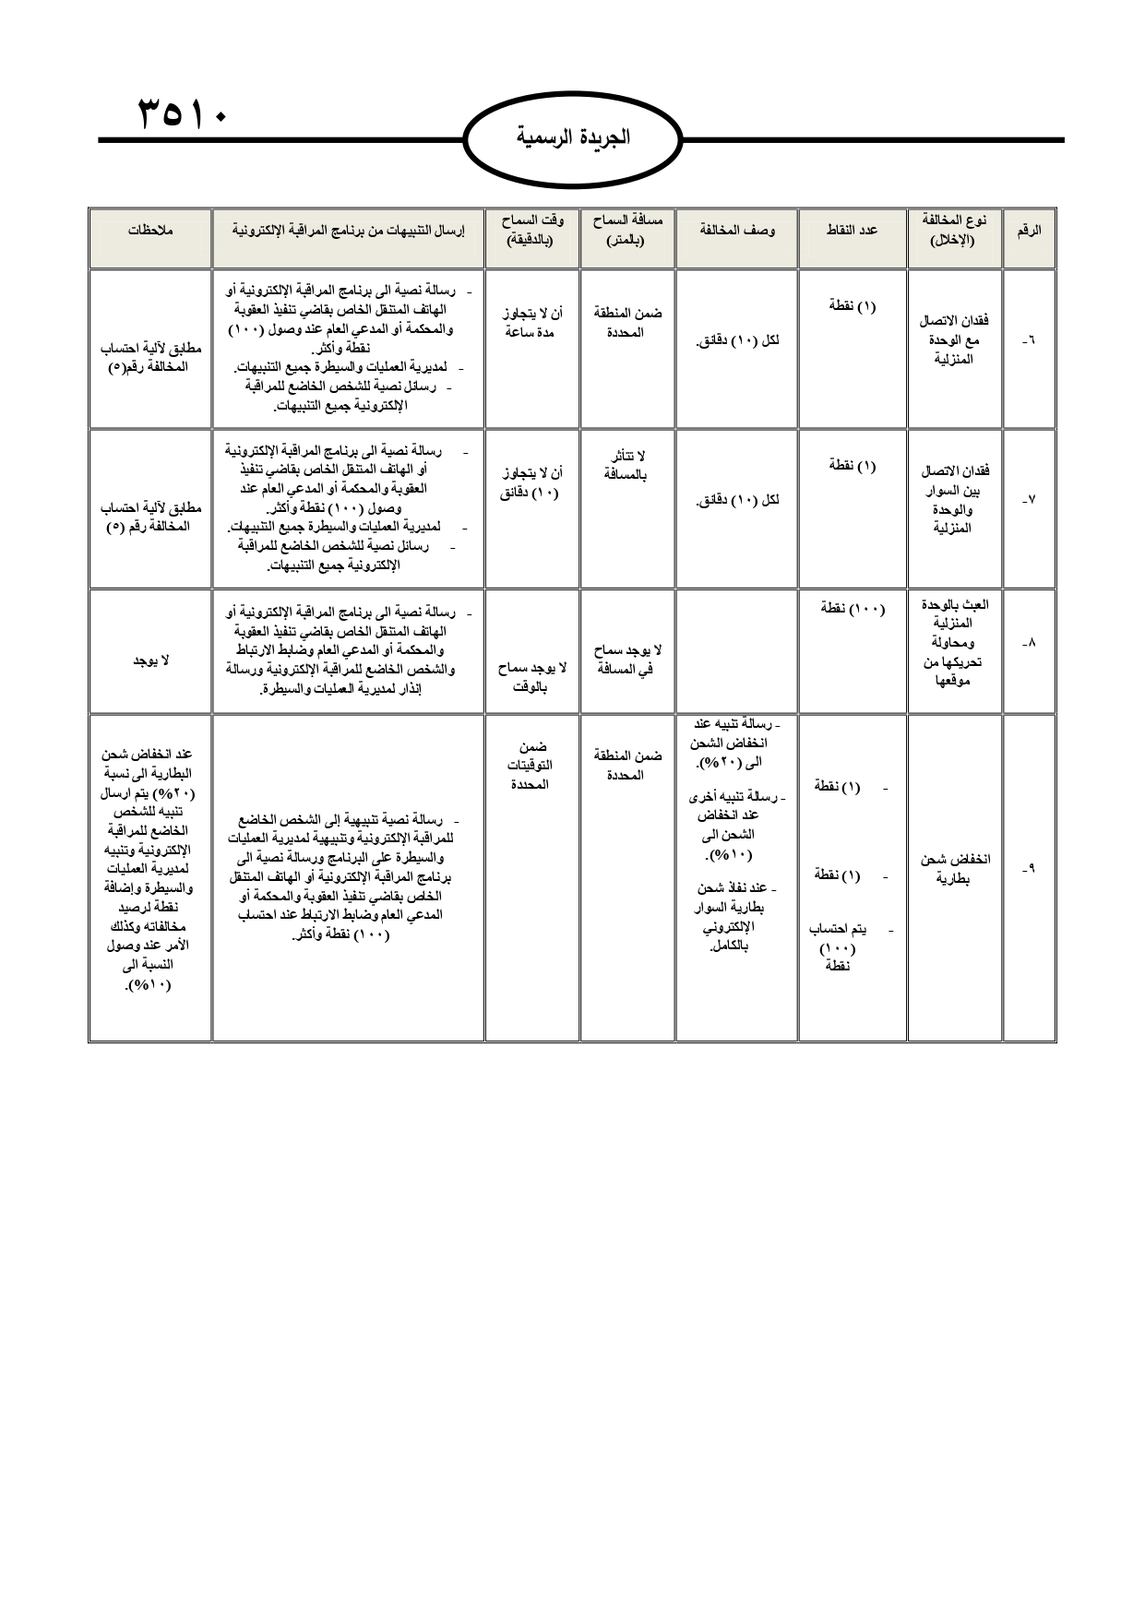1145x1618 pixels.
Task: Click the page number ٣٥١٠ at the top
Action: click(x=183, y=113)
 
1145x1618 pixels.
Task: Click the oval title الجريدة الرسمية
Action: click(x=573, y=139)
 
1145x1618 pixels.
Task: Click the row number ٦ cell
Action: click(x=1029, y=342)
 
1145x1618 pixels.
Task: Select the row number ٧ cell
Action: click(x=1029, y=500)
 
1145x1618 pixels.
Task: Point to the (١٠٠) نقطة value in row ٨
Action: click(x=853, y=609)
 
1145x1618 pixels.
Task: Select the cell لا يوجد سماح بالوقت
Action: click(x=532, y=676)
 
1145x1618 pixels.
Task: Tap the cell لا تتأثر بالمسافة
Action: click(x=628, y=465)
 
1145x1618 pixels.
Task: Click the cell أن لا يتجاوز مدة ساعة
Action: click(x=532, y=322)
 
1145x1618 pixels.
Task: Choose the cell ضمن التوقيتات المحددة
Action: click(x=532, y=765)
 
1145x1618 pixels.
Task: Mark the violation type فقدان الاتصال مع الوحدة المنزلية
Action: click(x=954, y=339)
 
